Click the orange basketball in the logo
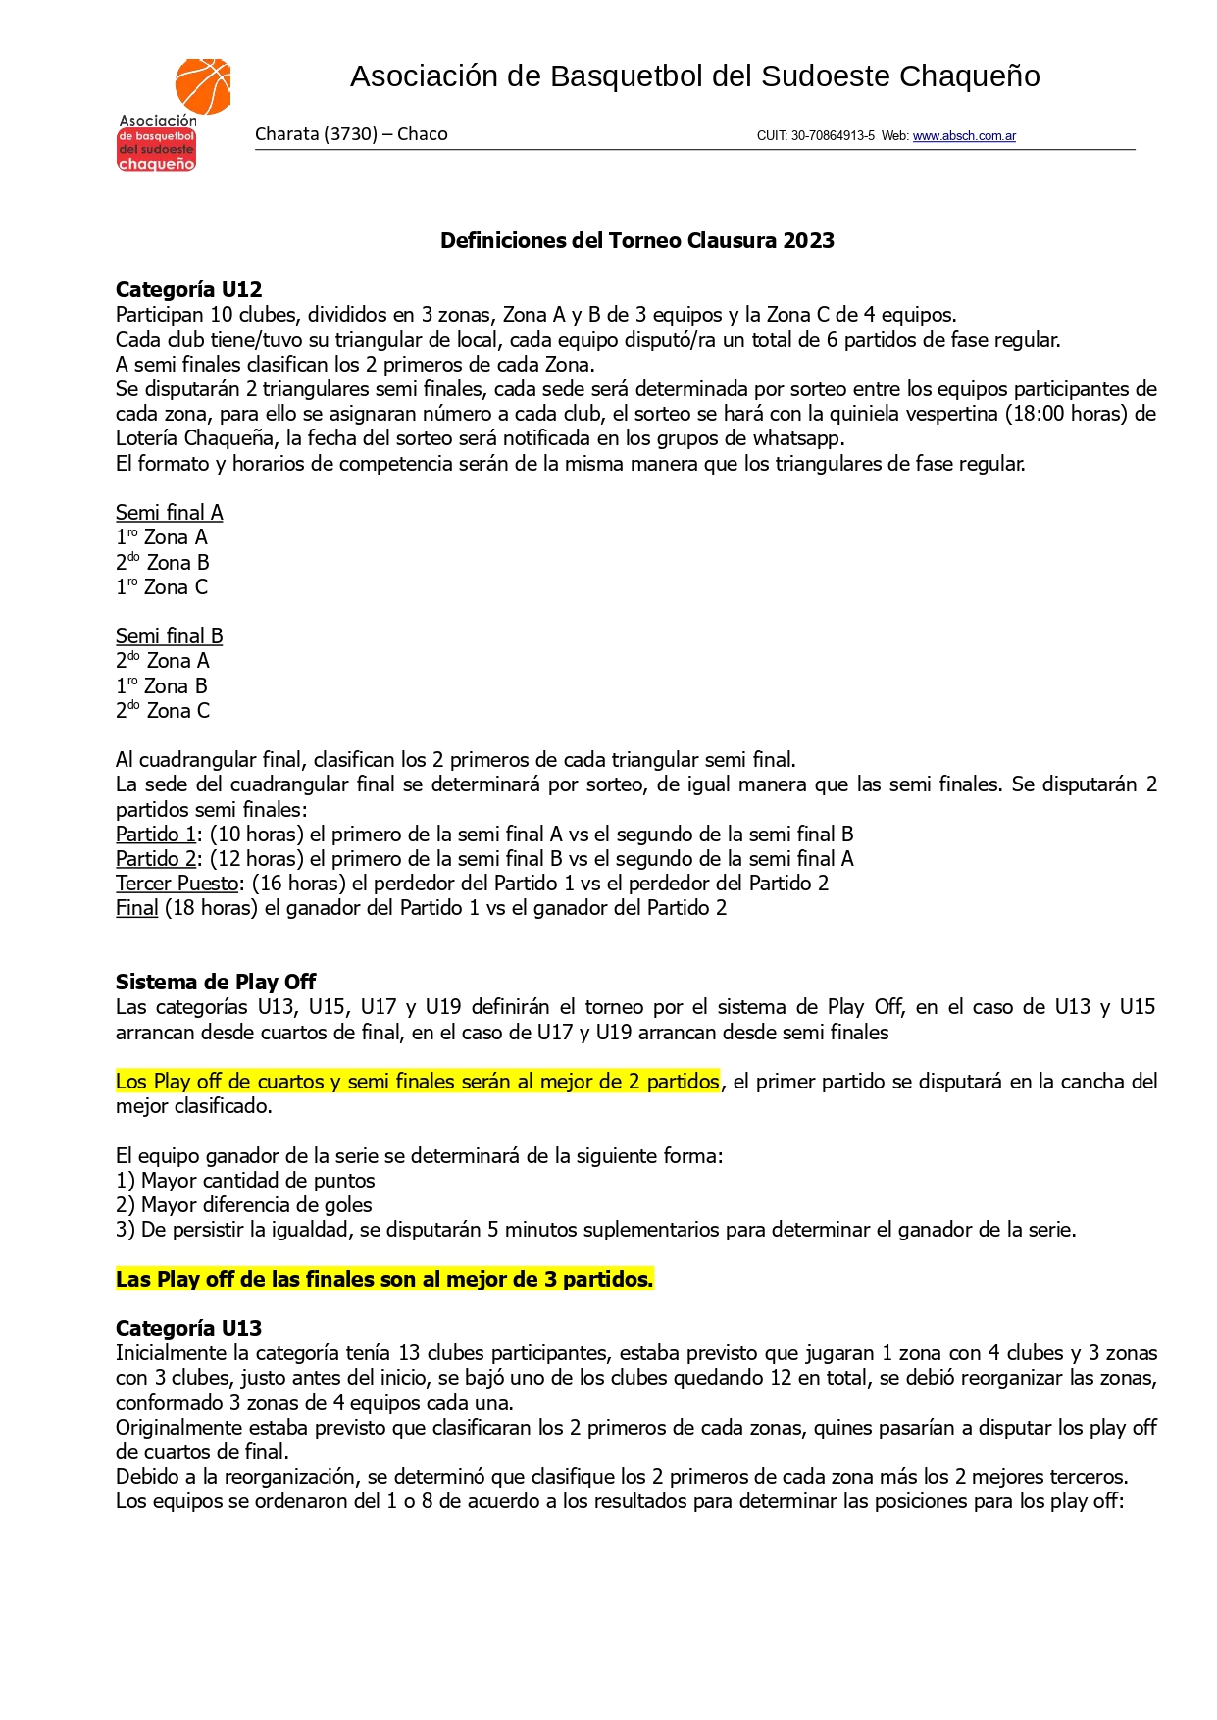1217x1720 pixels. point(203,85)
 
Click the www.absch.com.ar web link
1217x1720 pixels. point(964,136)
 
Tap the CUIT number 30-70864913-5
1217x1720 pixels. point(833,136)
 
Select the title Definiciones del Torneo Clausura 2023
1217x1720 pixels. point(636,241)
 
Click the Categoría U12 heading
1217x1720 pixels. point(188,290)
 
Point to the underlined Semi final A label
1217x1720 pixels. point(169,513)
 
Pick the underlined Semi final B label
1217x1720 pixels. point(169,636)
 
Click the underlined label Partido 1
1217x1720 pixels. point(155,835)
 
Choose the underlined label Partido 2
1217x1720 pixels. point(155,859)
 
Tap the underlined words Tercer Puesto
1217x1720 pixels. point(177,884)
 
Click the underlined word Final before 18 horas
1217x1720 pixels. point(136,908)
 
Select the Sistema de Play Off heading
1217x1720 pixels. point(216,983)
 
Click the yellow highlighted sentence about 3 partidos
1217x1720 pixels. point(384,1280)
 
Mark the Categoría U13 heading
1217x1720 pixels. point(188,1329)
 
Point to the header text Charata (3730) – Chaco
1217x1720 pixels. point(351,134)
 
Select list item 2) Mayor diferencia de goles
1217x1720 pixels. point(244,1205)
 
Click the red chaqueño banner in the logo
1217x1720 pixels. point(156,164)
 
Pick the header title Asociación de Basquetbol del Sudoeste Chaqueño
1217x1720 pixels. point(694,76)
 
